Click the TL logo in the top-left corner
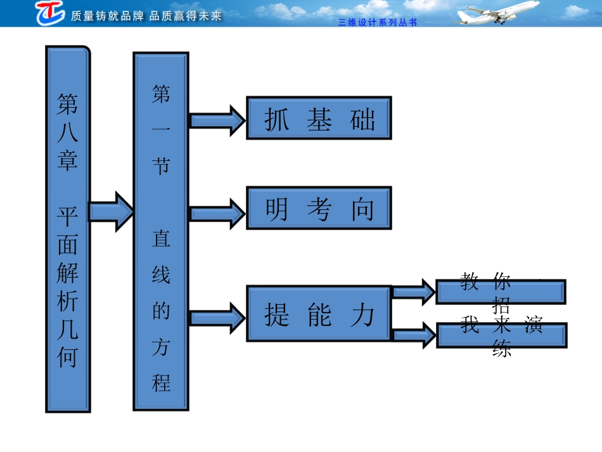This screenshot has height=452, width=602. point(49,13)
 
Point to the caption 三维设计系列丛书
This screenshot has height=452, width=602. point(378,22)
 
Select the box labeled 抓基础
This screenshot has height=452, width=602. point(319,118)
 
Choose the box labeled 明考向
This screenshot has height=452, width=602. point(319,208)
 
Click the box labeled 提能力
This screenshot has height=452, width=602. point(319,314)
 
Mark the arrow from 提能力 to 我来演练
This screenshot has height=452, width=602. point(413,334)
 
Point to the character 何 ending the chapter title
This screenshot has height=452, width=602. point(67,358)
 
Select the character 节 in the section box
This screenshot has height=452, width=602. point(161,165)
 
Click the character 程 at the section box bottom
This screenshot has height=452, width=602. point(161,382)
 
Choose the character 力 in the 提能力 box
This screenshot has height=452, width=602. point(362,314)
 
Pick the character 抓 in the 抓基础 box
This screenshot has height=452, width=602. point(276,119)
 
